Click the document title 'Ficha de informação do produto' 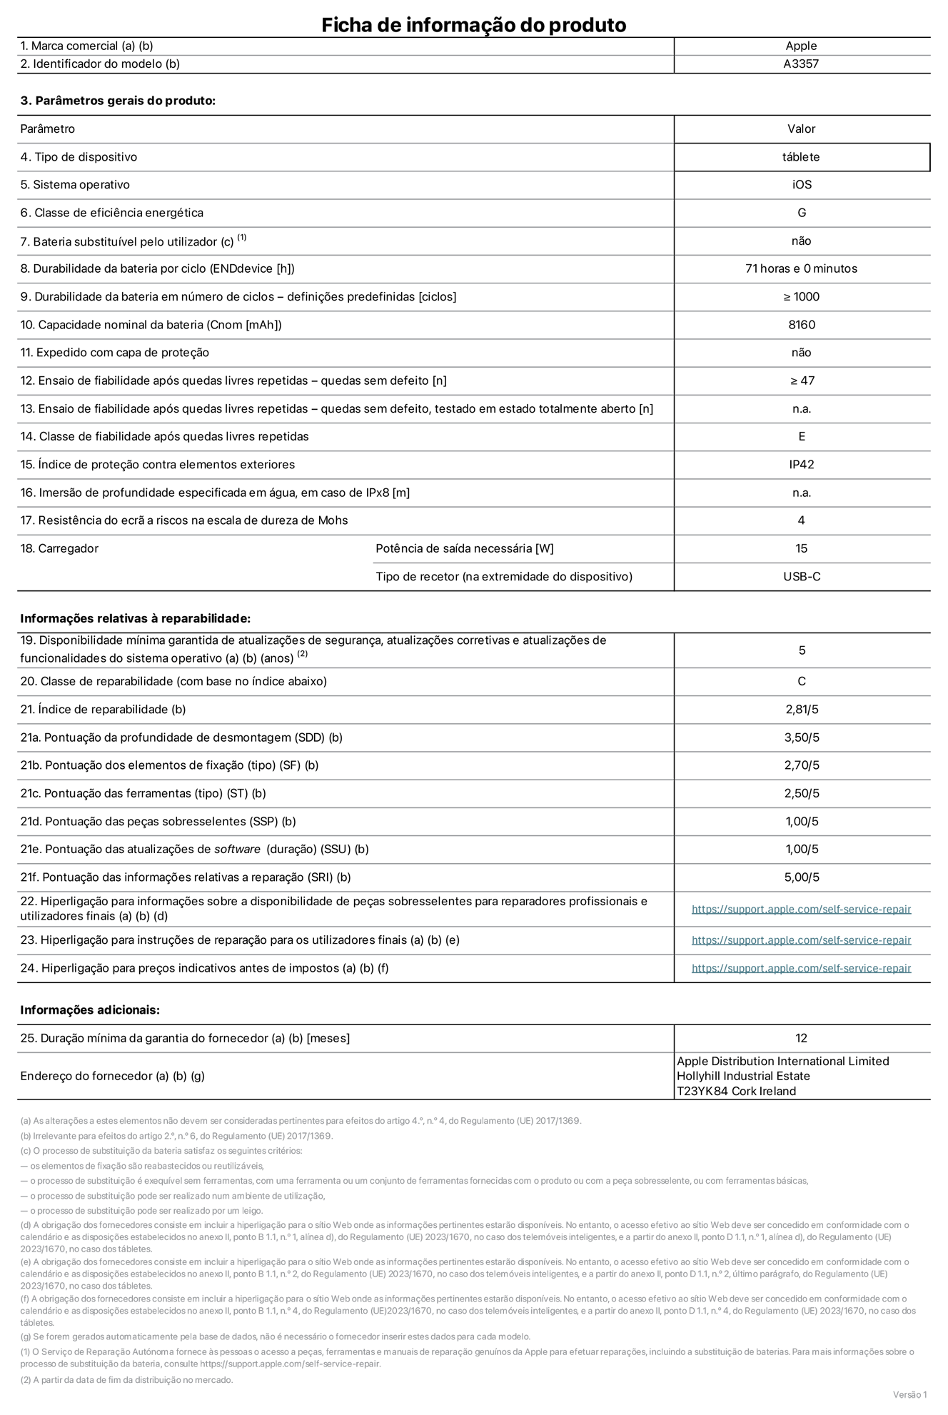point(473,25)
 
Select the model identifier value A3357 point(801,64)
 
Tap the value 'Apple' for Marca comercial point(801,46)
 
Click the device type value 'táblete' point(801,157)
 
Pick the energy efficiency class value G point(801,213)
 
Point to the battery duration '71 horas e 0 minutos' point(801,268)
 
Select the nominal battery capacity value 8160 point(801,325)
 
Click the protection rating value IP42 point(801,465)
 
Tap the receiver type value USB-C point(801,576)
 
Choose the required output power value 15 point(801,548)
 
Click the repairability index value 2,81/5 point(801,710)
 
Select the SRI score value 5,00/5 point(801,877)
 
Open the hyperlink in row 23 point(801,940)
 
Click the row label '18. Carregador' point(59,548)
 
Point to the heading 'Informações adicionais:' point(90,1009)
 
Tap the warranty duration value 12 point(801,1038)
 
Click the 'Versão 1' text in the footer point(909,1394)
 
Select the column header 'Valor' point(801,129)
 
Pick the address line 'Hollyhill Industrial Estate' point(743,1076)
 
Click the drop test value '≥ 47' point(801,381)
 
